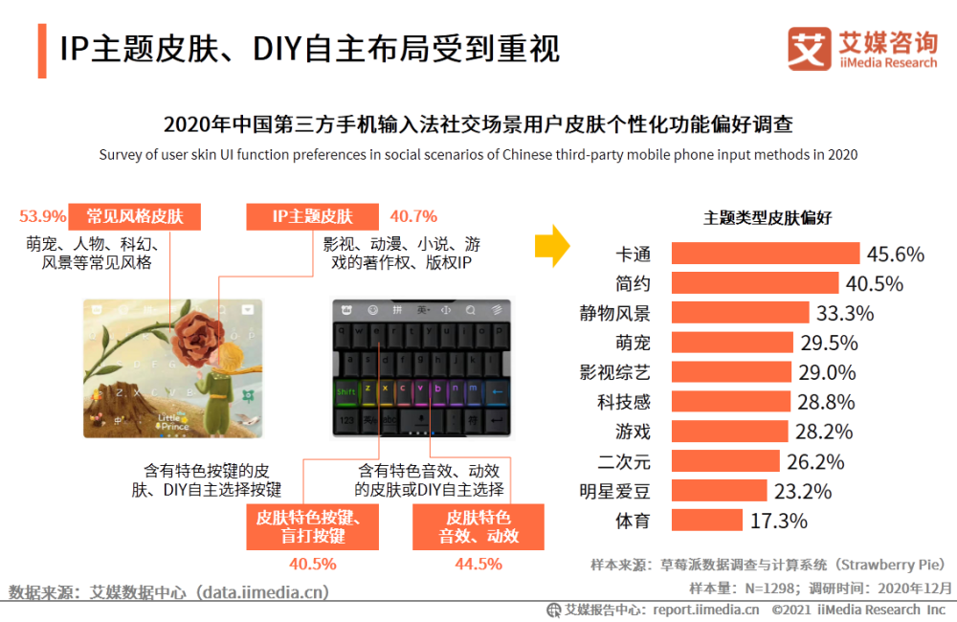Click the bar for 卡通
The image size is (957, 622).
coord(766,254)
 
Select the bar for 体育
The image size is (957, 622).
coord(707,521)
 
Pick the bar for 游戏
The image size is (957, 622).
coord(729,433)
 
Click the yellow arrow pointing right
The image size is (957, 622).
coord(552,248)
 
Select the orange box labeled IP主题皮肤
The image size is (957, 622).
coord(312,216)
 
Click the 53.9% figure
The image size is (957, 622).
coord(43,216)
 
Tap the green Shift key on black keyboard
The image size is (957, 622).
coord(346,390)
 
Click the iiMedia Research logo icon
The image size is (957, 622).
coord(809,49)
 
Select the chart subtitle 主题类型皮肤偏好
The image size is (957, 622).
coord(768,217)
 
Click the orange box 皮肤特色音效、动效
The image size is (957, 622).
coord(478,526)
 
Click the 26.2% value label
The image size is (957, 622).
coord(815,462)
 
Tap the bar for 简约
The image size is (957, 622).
coord(755,283)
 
